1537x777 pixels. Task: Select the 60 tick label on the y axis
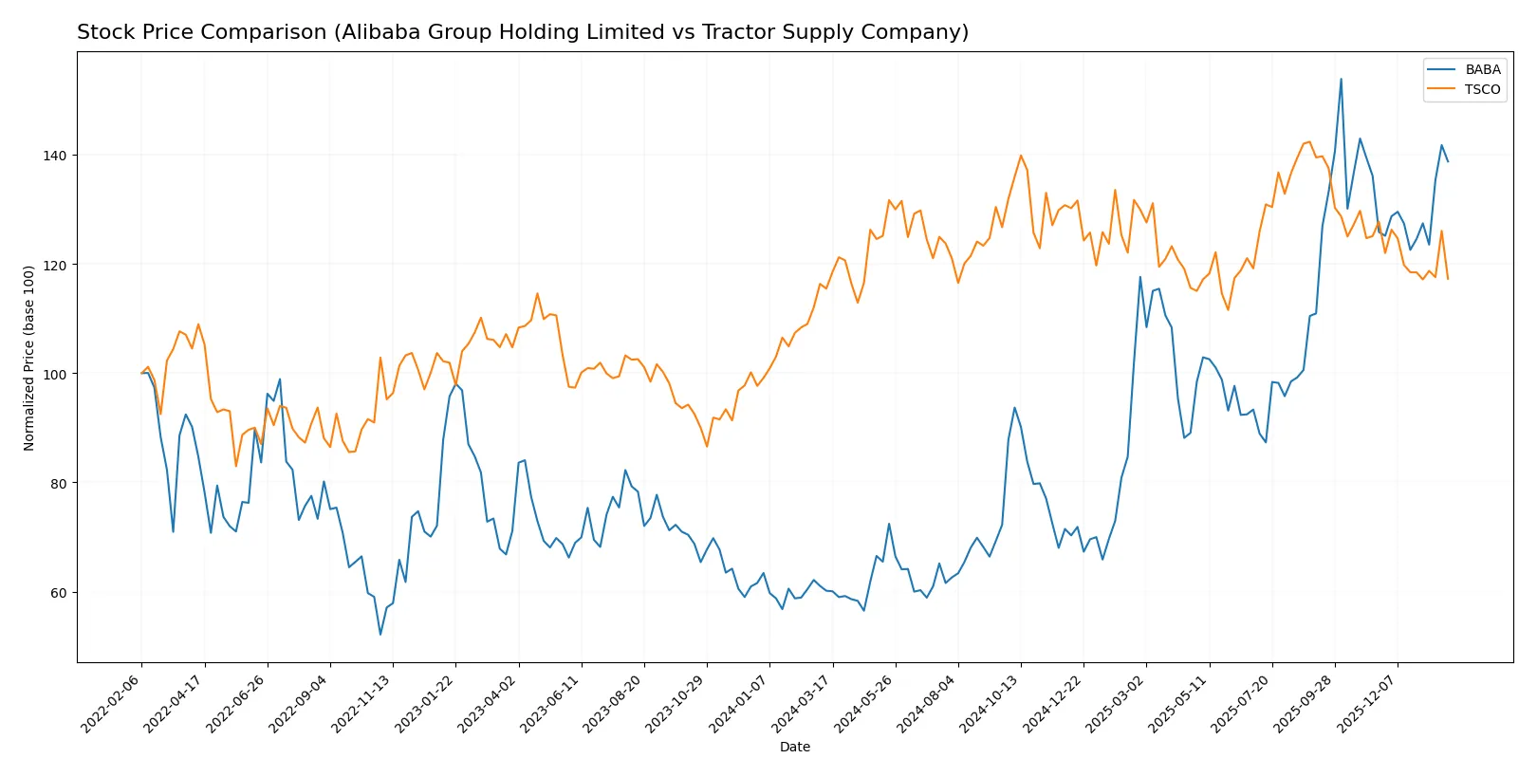pos(58,593)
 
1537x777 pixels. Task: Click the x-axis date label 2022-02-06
pos(112,704)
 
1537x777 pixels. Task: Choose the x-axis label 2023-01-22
pos(426,704)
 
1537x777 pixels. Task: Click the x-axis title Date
pos(794,747)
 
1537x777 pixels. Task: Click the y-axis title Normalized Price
pos(29,358)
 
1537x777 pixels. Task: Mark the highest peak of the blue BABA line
pos(1341,79)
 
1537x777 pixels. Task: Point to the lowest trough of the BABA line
pos(380,635)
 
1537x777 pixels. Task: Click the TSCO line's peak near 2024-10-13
pos(1021,156)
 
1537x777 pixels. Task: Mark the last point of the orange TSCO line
pos(1448,279)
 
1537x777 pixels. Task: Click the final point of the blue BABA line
pos(1448,161)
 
